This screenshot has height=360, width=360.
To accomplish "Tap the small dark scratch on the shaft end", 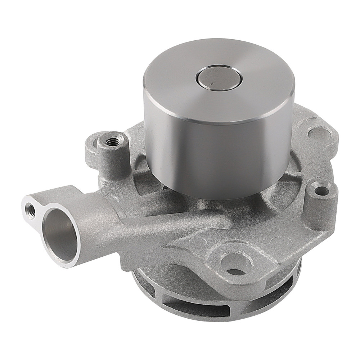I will click(x=208, y=85).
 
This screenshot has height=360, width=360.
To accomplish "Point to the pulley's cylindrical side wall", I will click(x=216, y=151).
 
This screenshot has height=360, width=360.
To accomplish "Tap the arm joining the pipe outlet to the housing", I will click(x=151, y=223).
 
